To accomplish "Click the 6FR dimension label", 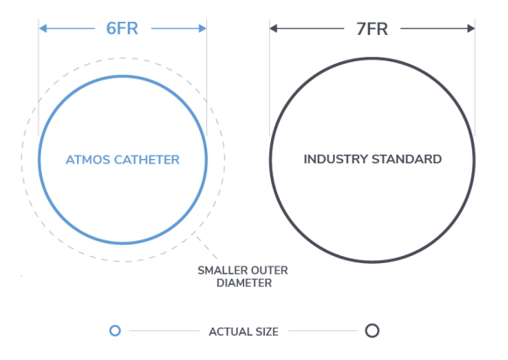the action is [x=122, y=29].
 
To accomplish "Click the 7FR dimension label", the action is [x=372, y=29].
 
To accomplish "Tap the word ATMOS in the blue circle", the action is [x=87, y=160].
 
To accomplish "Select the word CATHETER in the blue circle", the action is [x=147, y=160].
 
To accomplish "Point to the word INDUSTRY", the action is [x=336, y=159].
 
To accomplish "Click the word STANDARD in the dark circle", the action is [x=407, y=159].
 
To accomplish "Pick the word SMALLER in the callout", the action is [x=220, y=270].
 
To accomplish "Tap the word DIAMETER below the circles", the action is [x=244, y=283].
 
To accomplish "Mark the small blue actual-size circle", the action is [x=115, y=325].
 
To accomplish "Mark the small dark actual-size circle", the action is [x=372, y=324].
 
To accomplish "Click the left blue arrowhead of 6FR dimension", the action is [x=43, y=29].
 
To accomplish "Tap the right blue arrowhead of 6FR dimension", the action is [x=203, y=29].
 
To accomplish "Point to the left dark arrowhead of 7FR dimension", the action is [x=274, y=29].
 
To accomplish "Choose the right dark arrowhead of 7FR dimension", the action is [x=471, y=29].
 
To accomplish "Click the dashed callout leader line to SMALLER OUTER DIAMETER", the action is [x=206, y=247].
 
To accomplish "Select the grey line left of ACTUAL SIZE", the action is [x=164, y=331].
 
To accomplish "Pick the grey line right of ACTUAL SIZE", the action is [x=323, y=331].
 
